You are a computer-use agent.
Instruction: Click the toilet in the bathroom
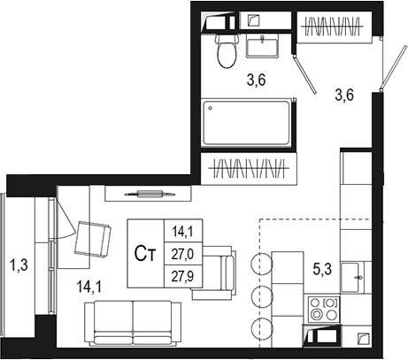coord(227,50)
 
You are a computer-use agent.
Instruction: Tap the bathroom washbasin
coord(262,46)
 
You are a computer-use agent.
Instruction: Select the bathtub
coord(247,123)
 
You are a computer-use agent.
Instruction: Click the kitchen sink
coord(352,278)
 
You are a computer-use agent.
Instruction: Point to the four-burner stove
coord(323,309)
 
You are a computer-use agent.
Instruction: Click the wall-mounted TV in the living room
coord(150,194)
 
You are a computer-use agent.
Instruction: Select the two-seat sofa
coord(133,324)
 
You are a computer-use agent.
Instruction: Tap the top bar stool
coord(261,264)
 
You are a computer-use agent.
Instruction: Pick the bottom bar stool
coord(261,329)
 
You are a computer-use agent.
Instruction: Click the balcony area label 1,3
coord(19,264)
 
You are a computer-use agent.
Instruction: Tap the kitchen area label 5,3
coord(322,269)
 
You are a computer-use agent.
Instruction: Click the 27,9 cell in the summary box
coord(183,276)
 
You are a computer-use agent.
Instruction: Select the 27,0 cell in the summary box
coord(183,254)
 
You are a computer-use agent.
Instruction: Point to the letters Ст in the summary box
coord(144,254)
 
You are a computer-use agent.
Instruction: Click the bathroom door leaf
coord(305,74)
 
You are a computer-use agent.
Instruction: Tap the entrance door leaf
coord(393,67)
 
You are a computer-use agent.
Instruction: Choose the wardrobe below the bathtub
coord(249,169)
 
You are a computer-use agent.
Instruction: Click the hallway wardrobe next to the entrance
coord(334,27)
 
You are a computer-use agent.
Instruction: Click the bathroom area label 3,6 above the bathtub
coord(257,80)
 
